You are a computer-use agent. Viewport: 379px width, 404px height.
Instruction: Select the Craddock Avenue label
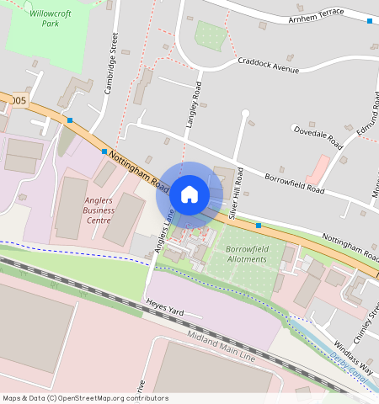[268, 65]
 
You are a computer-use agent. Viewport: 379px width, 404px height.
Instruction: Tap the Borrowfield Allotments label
[246, 253]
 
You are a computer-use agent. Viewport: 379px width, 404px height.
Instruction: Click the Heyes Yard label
[164, 311]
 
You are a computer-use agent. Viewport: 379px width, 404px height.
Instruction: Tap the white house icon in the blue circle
[189, 194]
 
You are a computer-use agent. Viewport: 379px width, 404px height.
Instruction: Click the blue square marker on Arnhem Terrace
[369, 20]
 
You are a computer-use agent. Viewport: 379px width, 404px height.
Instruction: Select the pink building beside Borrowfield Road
[318, 169]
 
